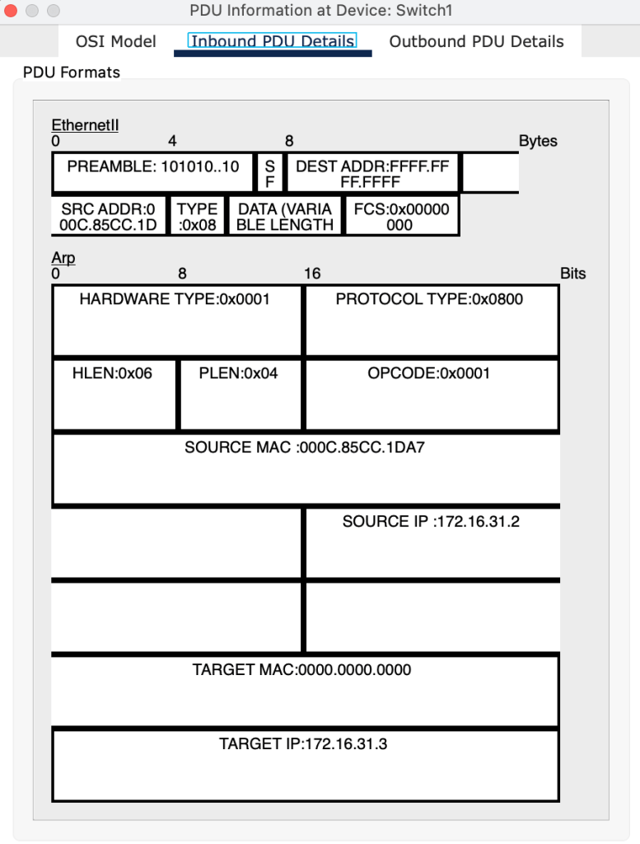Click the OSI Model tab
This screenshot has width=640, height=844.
click(115, 41)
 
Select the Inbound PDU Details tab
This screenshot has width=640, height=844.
click(273, 41)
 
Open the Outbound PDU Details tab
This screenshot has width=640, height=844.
click(476, 41)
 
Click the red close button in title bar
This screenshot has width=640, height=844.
click(12, 12)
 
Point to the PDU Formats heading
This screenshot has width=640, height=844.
click(72, 73)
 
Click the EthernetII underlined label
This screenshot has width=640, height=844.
click(85, 125)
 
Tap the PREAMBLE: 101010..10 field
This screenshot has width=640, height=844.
click(153, 166)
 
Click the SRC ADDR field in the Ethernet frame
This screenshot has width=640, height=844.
click(108, 217)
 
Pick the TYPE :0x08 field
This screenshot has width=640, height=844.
click(197, 217)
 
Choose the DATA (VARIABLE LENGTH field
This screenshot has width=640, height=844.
click(284, 217)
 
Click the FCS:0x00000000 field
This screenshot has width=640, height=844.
click(401, 217)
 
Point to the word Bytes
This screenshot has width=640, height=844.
click(538, 141)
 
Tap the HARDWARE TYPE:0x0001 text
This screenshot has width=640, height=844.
click(175, 299)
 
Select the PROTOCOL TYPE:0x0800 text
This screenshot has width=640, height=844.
click(429, 299)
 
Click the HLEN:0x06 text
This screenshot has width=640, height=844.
click(112, 373)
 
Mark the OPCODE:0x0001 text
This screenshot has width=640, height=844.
click(429, 373)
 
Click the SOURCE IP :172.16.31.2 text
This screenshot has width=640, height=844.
click(431, 522)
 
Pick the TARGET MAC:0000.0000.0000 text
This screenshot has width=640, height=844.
click(301, 670)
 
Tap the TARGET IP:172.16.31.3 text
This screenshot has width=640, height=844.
click(303, 744)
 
